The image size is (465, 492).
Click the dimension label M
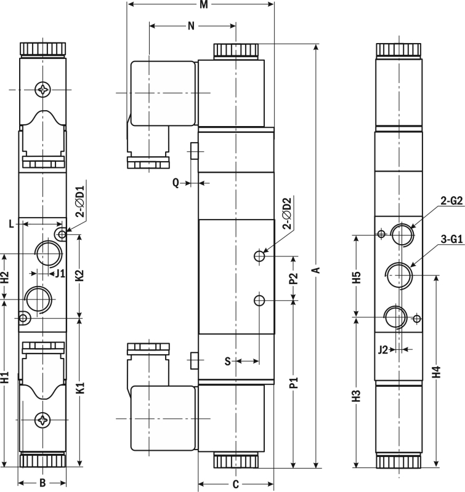point(204,5)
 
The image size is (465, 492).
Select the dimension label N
point(192,26)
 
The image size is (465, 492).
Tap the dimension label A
point(317,270)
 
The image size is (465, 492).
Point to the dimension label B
point(42,483)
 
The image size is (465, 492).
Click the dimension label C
point(236,485)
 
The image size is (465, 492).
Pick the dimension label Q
point(176,183)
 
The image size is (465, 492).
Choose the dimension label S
point(228,362)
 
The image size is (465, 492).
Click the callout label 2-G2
point(451,201)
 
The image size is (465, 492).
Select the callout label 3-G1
point(451,239)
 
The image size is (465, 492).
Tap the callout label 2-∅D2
point(288,213)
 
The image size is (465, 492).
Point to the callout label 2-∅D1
point(81,202)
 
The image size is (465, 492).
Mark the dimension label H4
point(437,372)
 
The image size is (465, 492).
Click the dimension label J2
point(383,349)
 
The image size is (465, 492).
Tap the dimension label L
point(11,224)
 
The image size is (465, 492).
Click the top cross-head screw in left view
point(42,90)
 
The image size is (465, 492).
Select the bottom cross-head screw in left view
point(42,420)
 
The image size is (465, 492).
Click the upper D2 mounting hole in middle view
point(259,256)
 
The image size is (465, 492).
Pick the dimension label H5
point(356,277)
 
